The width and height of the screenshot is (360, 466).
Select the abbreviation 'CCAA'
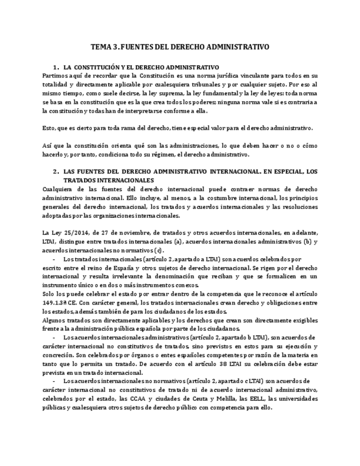[x=145, y=399]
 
